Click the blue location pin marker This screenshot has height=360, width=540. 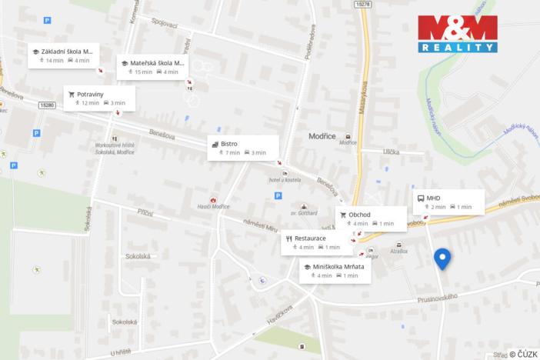(x=442, y=258)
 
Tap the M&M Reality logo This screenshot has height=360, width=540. (x=457, y=34)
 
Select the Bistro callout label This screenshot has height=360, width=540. (x=242, y=148)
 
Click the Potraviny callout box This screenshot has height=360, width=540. (x=99, y=98)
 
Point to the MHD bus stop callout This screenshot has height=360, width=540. (x=448, y=202)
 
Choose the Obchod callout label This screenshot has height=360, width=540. (x=371, y=218)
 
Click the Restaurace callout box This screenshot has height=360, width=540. (x=317, y=242)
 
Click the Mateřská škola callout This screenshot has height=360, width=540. (x=154, y=67)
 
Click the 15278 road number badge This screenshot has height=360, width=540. (x=364, y=5)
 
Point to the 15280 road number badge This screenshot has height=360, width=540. (x=47, y=105)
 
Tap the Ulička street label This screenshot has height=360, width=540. (x=392, y=152)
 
